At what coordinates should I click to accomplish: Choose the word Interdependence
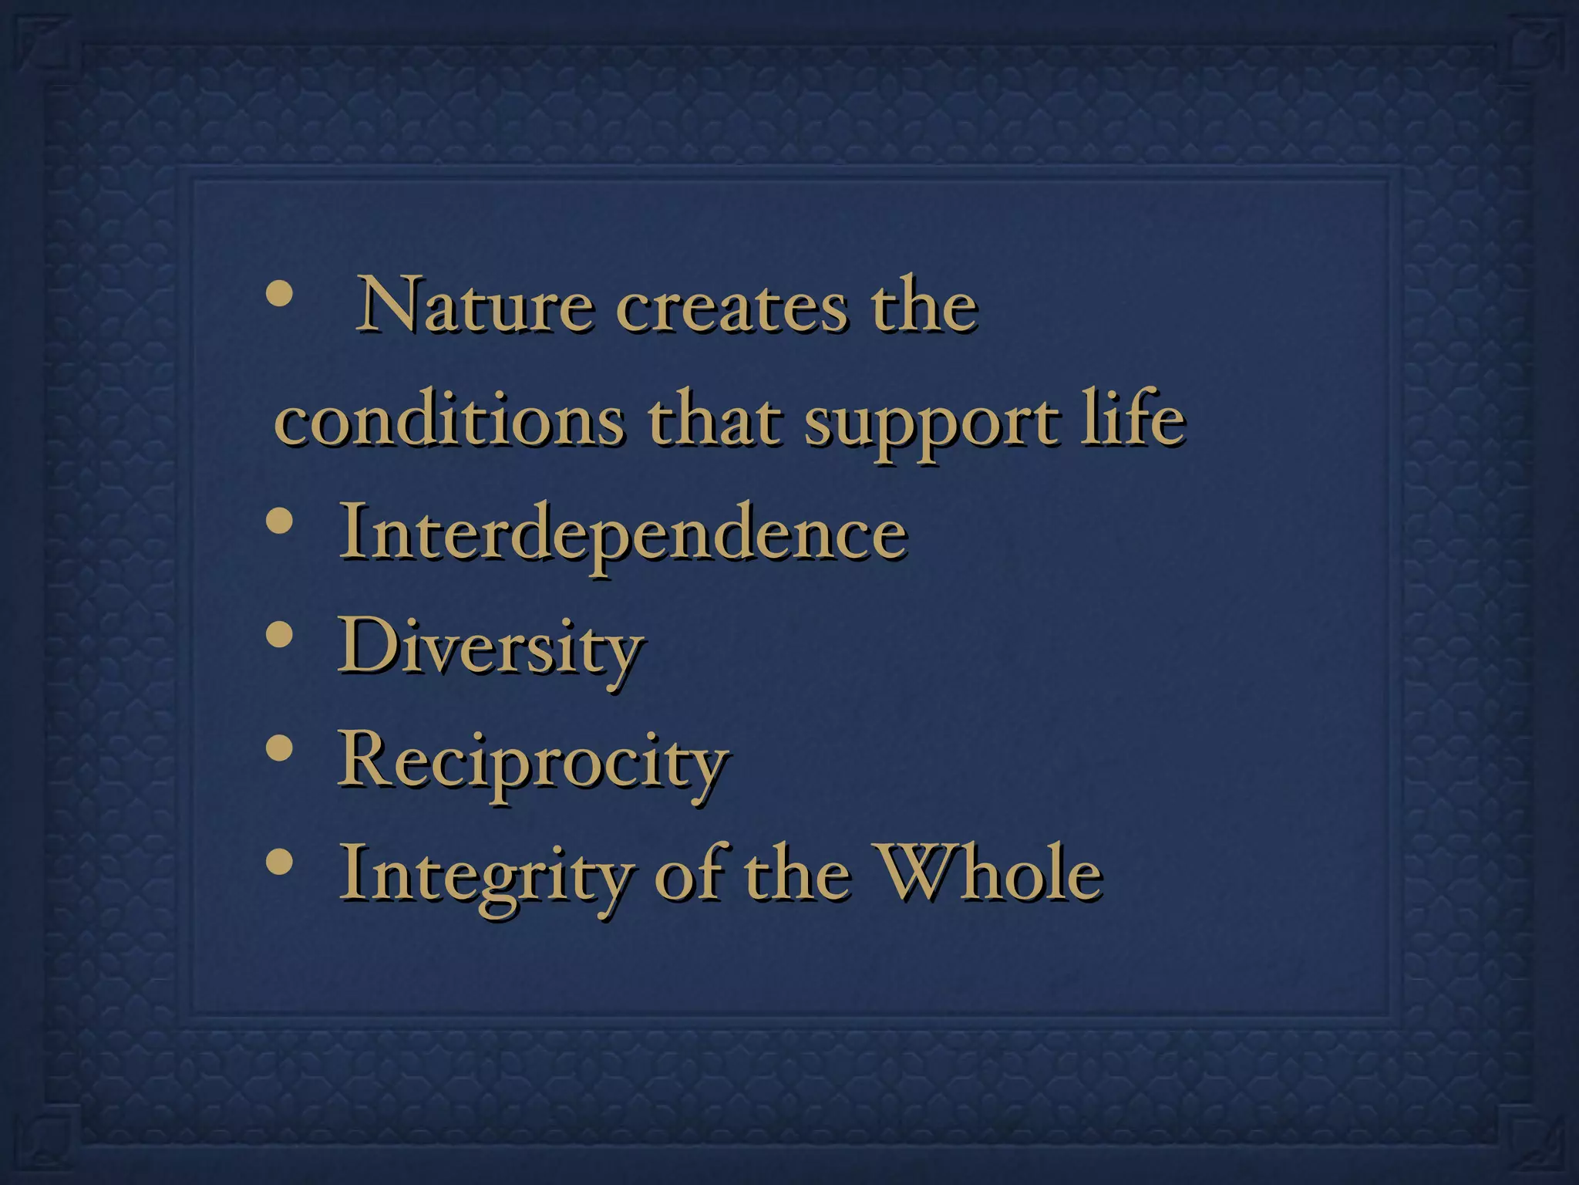(x=623, y=534)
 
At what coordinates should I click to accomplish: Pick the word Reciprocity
(x=533, y=763)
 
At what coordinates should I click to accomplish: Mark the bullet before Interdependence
(x=278, y=523)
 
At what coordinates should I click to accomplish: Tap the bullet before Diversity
(x=278, y=637)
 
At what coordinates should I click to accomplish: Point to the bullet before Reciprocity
(x=278, y=751)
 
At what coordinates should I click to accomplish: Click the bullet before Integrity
(x=278, y=865)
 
